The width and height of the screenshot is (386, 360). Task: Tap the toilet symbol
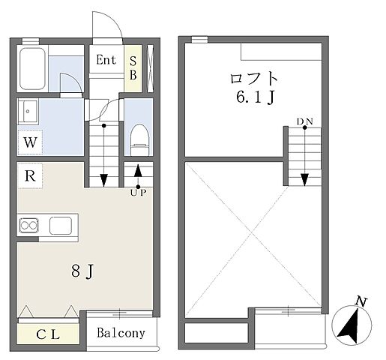pos(138,137)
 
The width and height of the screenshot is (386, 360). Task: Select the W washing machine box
pos(29,141)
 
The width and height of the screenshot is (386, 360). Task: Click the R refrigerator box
pos(29,176)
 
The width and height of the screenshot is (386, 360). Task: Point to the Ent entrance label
pos(106,60)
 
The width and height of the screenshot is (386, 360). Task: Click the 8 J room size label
pos(80,271)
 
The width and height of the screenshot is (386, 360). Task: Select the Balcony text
pos(121,332)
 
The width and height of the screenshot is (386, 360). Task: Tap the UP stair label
pos(138,193)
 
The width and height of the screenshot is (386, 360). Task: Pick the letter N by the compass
pos(361,302)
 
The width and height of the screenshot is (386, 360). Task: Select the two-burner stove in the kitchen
pos(30,223)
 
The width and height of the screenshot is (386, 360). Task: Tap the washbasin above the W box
pos(31,112)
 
